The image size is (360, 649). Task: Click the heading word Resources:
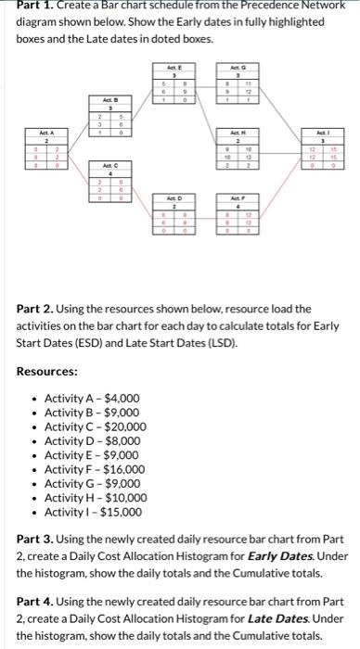[47, 371]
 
